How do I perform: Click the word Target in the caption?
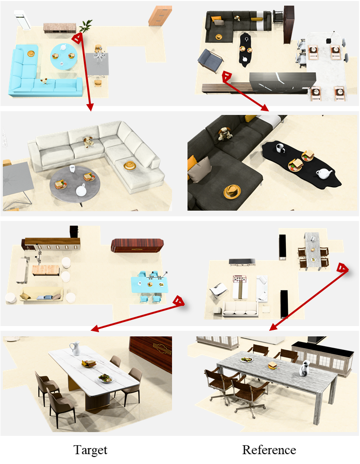[90, 450]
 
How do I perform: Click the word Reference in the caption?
[269, 450]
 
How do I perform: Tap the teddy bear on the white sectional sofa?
[88, 142]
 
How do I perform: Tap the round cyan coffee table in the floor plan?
[64, 56]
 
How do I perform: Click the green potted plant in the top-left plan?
[85, 26]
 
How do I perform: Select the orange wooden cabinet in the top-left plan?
[159, 16]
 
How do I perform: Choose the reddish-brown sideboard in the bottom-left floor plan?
[137, 245]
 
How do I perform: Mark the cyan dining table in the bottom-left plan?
[150, 285]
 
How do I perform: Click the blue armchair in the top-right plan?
[210, 60]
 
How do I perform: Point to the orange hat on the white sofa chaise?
[130, 165]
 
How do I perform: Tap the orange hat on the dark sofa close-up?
[232, 191]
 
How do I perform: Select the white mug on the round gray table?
[72, 169]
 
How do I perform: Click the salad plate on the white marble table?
[105, 378]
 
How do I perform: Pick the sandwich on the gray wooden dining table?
[273, 366]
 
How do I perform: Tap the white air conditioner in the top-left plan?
[23, 20]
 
